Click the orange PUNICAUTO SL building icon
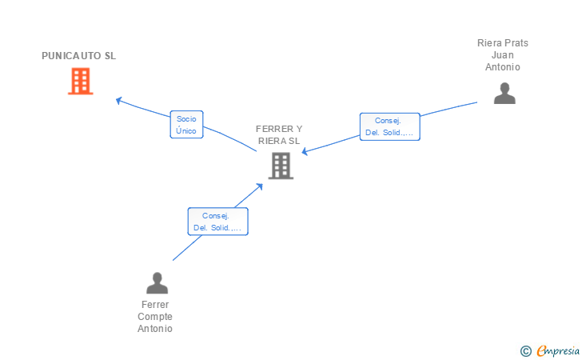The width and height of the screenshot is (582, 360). [x=81, y=81]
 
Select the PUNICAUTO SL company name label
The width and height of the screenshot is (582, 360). [x=78, y=56]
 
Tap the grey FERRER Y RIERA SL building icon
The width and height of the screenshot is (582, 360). [x=281, y=166]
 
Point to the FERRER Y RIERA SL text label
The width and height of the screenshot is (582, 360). [x=279, y=135]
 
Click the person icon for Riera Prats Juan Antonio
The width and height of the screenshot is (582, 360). [x=504, y=94]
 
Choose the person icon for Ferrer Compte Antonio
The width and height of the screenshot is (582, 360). [x=157, y=283]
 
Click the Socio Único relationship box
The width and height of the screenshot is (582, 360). [x=186, y=125]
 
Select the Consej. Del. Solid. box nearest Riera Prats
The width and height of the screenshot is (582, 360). [x=390, y=126]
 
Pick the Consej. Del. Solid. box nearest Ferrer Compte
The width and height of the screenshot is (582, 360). [x=218, y=222]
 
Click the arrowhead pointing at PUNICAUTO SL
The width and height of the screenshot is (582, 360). [x=119, y=100]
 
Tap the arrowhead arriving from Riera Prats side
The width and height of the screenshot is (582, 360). [x=305, y=151]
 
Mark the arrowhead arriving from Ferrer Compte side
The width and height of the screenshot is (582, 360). [x=260, y=186]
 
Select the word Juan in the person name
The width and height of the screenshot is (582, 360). [x=503, y=55]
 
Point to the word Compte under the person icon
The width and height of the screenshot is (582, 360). [x=155, y=317]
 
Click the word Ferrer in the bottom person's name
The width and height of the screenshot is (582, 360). [x=155, y=305]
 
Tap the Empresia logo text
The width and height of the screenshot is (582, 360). [x=558, y=350]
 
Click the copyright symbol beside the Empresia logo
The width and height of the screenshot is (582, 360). [x=525, y=351]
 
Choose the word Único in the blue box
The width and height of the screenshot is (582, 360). [x=186, y=130]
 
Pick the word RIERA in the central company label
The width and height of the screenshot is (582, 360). [x=273, y=141]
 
